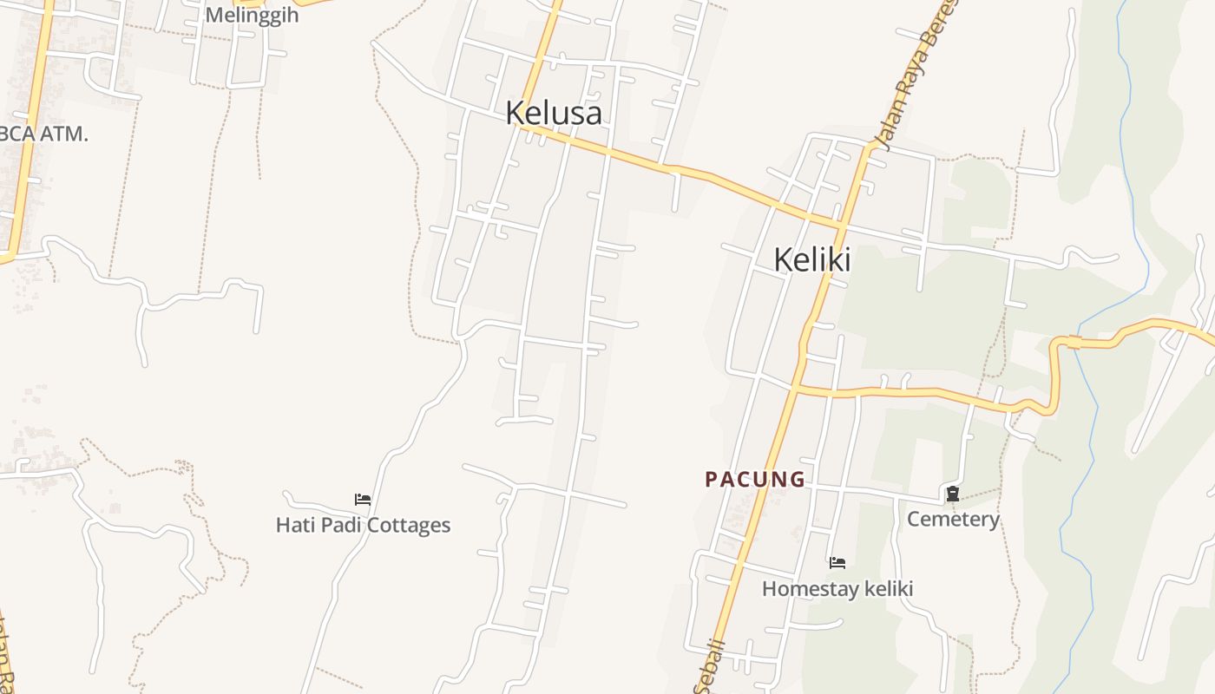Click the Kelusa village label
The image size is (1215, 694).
point(554,113)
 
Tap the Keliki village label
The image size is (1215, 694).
point(811,259)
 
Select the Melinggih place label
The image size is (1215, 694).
point(252,15)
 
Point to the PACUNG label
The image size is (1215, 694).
point(755,479)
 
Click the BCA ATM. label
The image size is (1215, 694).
point(43,134)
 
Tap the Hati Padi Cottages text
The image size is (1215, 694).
point(363,525)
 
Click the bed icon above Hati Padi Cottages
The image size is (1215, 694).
point(363,499)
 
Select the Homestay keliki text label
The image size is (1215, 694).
point(837,589)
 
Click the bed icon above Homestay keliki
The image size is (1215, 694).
point(837,563)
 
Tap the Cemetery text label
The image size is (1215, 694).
point(953,519)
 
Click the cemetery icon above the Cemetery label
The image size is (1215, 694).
point(953,494)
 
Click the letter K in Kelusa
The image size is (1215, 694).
point(515,113)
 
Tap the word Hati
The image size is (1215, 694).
point(292,525)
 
